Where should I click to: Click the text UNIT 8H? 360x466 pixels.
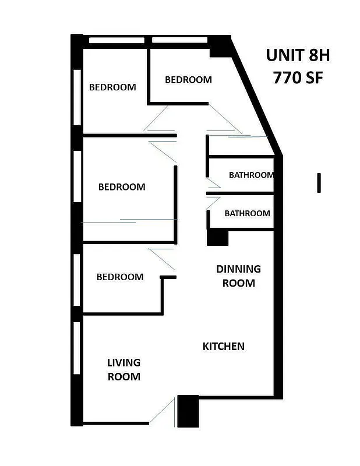298,55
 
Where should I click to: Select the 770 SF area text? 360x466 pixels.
298,77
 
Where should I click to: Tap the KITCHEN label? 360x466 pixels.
223,346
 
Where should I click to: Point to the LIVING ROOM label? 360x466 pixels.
123,369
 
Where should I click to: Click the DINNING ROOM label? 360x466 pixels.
238,276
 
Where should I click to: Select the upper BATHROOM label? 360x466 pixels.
251,175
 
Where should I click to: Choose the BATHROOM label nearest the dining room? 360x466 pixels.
247,213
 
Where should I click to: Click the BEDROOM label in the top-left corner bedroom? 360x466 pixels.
112,87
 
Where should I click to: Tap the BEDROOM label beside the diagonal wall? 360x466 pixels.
188,80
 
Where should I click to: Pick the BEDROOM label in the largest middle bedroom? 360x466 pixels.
122,187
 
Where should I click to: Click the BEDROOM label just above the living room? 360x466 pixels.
120,277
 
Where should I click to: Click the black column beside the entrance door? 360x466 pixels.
188,411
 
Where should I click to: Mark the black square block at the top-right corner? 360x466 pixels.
220,47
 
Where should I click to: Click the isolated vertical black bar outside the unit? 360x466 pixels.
319,182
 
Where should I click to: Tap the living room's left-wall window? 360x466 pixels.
77,348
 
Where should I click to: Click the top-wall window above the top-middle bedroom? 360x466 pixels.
179,40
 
